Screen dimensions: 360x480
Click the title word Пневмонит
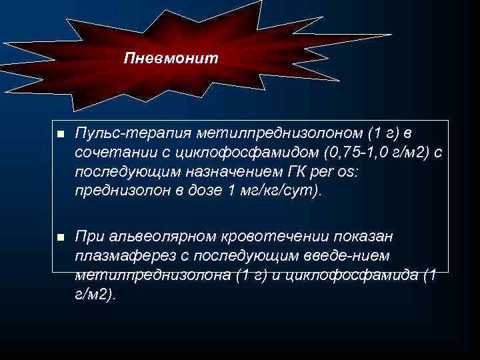pyautogui.click(x=171, y=59)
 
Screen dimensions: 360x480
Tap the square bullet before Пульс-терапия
pyautogui.click(x=60, y=135)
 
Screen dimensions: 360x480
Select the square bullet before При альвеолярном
pyautogui.click(x=60, y=237)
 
